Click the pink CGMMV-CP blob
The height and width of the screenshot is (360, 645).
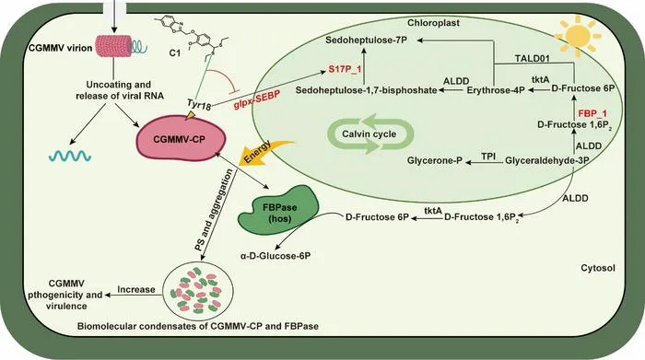pyautogui.click(x=181, y=139)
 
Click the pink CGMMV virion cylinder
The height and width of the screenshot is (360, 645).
pyautogui.click(x=114, y=46)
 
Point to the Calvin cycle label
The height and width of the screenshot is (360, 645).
pyautogui.click(x=369, y=134)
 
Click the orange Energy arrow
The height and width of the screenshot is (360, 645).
pyautogui.click(x=264, y=153)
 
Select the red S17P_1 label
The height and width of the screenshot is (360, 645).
pyautogui.click(x=345, y=69)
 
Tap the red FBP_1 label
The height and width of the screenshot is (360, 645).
pyautogui.click(x=592, y=113)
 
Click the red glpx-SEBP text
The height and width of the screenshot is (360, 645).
pyautogui.click(x=257, y=99)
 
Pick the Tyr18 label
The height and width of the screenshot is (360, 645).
pyautogui.click(x=199, y=104)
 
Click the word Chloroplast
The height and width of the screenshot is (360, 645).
pyautogui.click(x=433, y=23)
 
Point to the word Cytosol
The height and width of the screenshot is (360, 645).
pyautogui.click(x=598, y=268)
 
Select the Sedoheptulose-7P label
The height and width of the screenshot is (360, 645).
pyautogui.click(x=369, y=41)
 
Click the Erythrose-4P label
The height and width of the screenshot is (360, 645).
pyautogui.click(x=496, y=90)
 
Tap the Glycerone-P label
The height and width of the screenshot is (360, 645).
pyautogui.click(x=434, y=160)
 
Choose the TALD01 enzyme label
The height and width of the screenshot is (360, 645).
pyautogui.click(x=533, y=58)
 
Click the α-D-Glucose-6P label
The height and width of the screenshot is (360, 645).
pyautogui.click(x=276, y=256)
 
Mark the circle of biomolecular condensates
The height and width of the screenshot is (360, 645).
pyautogui.click(x=198, y=291)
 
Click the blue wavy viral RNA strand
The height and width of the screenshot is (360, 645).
pyautogui.click(x=70, y=156)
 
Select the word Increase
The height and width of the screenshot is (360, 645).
pyautogui.click(x=136, y=289)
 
